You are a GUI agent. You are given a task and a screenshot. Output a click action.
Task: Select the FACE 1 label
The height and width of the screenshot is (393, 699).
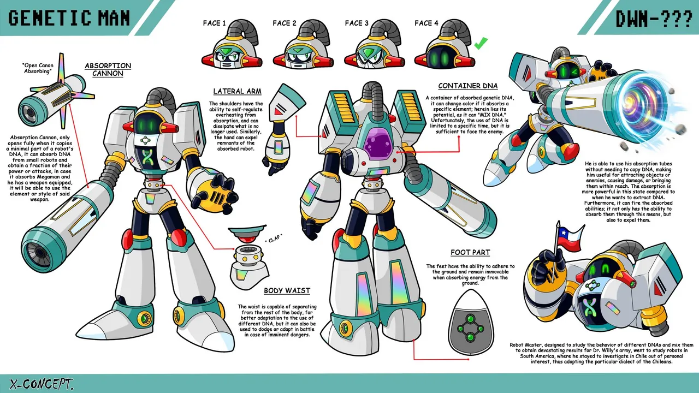coord(214,23)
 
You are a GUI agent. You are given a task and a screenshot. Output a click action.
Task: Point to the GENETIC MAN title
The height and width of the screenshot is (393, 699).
coord(69,18)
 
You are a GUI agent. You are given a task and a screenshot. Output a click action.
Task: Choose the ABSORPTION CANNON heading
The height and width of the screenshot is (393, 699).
coord(108,69)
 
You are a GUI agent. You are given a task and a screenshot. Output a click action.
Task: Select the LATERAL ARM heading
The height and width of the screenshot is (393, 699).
coord(237,91)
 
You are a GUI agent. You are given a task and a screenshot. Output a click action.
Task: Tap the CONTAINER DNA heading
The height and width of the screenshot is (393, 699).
coord(468,86)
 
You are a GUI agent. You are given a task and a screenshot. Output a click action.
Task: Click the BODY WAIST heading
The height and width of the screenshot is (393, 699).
coord(287,291)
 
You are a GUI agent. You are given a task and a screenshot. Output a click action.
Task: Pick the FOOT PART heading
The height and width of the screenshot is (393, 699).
coord(470,252)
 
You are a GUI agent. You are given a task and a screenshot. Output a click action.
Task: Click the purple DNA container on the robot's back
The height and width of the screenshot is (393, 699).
coord(379,145)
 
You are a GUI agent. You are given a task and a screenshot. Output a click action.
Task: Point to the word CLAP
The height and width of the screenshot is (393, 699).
coord(274,239)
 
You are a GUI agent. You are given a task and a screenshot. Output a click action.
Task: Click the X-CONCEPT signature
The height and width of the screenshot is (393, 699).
coord(41,384)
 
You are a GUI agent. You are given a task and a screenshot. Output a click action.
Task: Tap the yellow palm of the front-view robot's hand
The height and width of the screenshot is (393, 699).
coord(213,194)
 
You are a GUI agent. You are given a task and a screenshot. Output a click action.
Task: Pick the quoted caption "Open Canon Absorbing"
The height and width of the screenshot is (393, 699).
coord(38,68)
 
